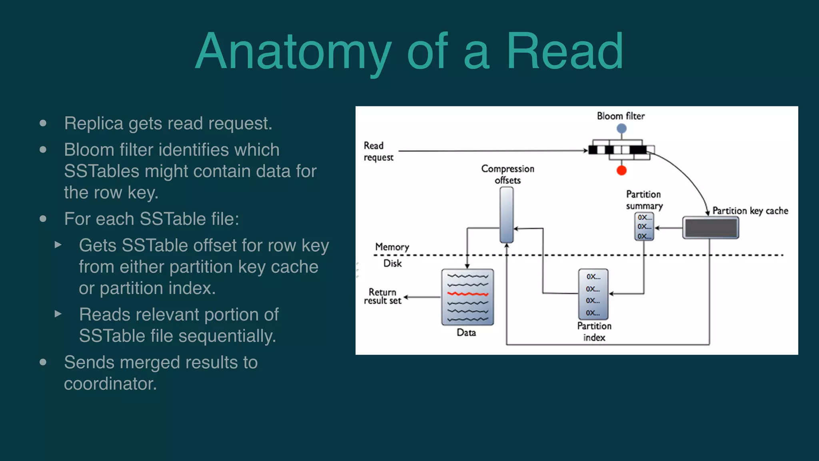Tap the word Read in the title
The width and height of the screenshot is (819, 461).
point(564,52)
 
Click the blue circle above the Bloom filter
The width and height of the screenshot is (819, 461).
point(621,128)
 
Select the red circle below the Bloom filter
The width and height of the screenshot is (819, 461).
point(621,170)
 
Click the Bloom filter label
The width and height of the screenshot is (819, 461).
point(621,116)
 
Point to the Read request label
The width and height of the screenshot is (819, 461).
point(378,151)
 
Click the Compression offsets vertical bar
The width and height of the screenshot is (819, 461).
point(507,215)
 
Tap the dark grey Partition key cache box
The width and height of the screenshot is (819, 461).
point(711,228)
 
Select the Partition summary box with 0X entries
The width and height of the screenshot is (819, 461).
point(644,226)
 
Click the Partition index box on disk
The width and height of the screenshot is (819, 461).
point(593,294)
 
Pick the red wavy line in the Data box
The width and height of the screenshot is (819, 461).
point(467,294)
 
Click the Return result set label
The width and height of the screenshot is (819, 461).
point(382,297)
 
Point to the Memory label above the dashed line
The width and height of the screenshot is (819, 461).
point(392,247)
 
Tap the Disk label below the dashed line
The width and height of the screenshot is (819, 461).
point(392,263)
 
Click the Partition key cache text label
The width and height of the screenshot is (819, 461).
point(750,211)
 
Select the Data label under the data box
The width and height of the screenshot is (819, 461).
point(466,333)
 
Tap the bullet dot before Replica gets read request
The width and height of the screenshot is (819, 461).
point(43,123)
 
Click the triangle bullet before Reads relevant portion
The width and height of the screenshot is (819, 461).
point(58,314)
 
